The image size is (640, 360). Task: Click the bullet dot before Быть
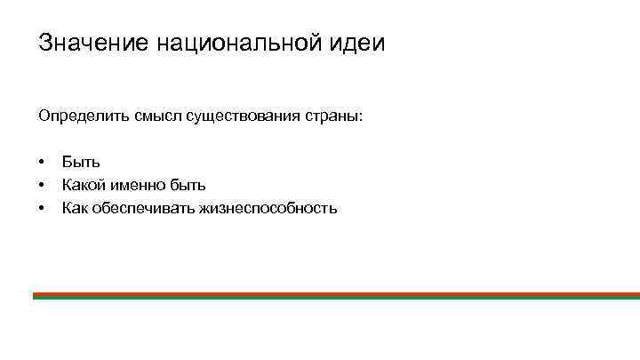42,163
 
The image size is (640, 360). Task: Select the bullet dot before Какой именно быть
42,186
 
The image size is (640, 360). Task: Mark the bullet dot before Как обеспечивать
42,209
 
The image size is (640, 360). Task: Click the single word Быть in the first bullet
81,162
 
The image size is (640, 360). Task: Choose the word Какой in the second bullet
83,185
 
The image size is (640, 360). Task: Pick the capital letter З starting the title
44,44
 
